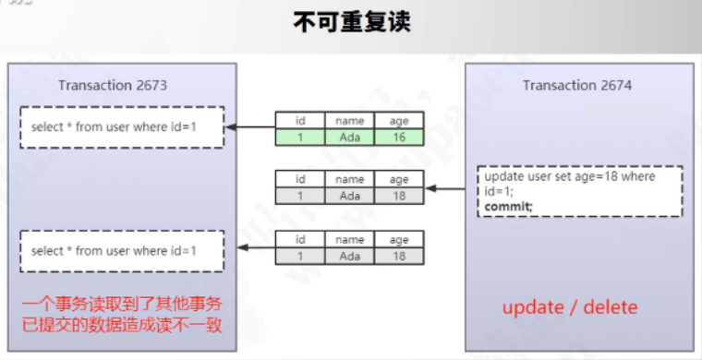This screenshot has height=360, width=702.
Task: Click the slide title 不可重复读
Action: tap(351, 22)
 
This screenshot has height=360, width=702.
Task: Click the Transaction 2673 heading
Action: tap(113, 85)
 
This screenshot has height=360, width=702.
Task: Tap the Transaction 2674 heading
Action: tap(577, 85)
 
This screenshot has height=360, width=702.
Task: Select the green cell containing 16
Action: tap(398, 138)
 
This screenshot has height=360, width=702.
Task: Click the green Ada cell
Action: tap(350, 138)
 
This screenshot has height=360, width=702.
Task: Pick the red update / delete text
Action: tap(570, 307)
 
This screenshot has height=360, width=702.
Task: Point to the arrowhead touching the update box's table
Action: tap(430, 188)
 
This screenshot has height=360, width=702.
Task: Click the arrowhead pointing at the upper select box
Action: tap(231, 127)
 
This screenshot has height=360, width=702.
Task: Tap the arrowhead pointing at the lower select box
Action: tap(242, 246)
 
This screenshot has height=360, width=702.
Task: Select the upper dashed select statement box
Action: tap(122, 127)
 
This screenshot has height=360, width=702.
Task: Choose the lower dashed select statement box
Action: tap(122, 251)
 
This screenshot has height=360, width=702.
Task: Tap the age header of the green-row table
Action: tap(398, 121)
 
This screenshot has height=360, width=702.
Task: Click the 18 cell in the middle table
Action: tap(398, 196)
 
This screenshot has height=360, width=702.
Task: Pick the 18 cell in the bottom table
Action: tap(398, 256)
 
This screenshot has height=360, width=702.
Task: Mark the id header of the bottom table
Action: tap(300, 240)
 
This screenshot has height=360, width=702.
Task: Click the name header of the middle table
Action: tap(350, 179)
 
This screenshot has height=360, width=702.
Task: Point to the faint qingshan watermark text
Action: tap(626, 111)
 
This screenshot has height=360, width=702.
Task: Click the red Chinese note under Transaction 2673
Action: tap(122, 315)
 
